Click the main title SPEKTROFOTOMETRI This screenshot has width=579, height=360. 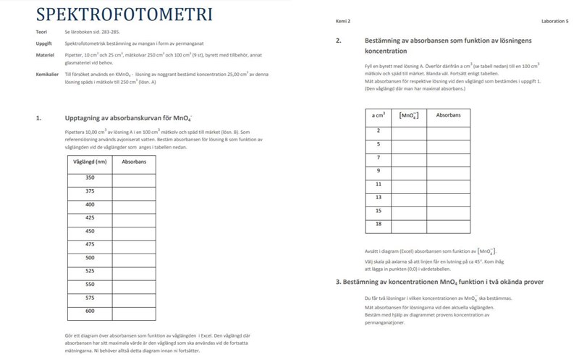tap(124, 14)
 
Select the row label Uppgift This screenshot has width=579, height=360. tap(43, 43)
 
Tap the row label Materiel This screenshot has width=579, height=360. tap(45, 54)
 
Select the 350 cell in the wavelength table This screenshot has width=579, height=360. tap(90, 177)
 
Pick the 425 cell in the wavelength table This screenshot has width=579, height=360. tap(90, 217)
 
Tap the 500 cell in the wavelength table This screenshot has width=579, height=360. tap(90, 258)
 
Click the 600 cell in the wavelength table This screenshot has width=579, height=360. tap(90, 311)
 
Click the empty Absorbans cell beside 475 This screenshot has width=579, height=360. tap(133, 244)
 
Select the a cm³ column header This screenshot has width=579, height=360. tap(378, 115)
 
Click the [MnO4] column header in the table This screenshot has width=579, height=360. tap(409, 116)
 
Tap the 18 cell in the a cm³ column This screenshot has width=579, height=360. tap(378, 224)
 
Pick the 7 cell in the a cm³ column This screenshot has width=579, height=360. tap(378, 157)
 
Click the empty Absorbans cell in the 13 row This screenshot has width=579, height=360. tap(448, 197)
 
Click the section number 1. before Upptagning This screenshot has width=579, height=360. tap(38, 117)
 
